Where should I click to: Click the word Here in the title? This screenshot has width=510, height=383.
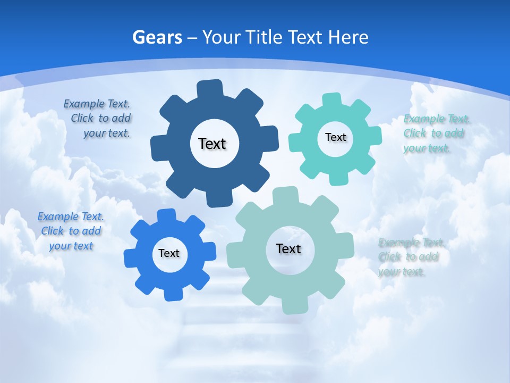tap(348, 37)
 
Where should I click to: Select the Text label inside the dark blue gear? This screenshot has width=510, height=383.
tap(212, 144)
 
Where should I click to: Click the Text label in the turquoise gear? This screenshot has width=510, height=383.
tap(335, 137)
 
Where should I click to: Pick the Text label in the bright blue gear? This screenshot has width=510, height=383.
tap(169, 253)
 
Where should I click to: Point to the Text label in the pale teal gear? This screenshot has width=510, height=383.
tap(288, 248)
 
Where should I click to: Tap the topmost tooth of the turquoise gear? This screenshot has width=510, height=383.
tap(332, 100)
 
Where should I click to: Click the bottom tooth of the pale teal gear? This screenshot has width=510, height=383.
tap(295, 306)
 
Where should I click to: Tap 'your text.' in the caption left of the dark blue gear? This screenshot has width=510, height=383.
tap(107, 134)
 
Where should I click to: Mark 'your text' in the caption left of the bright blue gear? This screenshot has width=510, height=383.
tap(71, 246)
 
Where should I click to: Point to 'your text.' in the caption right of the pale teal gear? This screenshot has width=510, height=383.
tap(402, 272)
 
